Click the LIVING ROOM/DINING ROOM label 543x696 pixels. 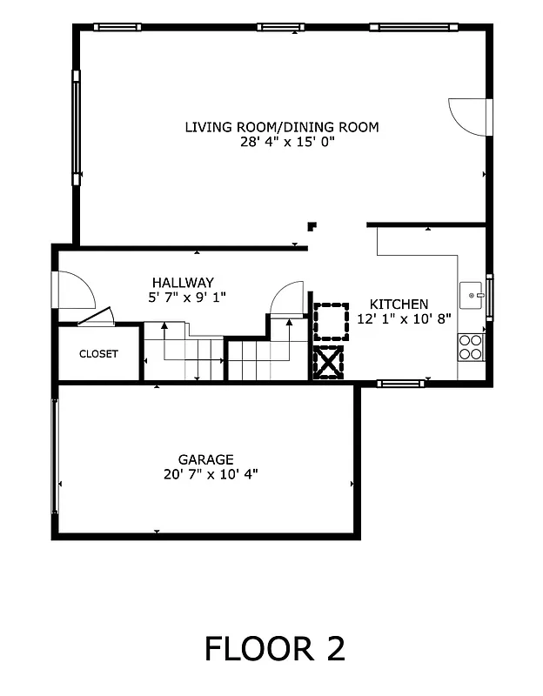[x=281, y=127]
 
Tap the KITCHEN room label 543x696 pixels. [x=399, y=304]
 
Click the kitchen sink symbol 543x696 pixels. [x=473, y=296]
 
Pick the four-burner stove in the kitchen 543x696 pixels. [x=471, y=347]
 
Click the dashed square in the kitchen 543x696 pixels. [x=329, y=320]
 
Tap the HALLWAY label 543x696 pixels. [x=183, y=282]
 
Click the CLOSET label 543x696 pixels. [x=98, y=354]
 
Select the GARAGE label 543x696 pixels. [x=205, y=459]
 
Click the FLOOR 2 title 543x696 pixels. [x=275, y=648]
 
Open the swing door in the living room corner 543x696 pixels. [x=471, y=117]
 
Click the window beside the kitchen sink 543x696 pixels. [x=489, y=296]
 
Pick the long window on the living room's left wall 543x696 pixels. [x=76, y=128]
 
